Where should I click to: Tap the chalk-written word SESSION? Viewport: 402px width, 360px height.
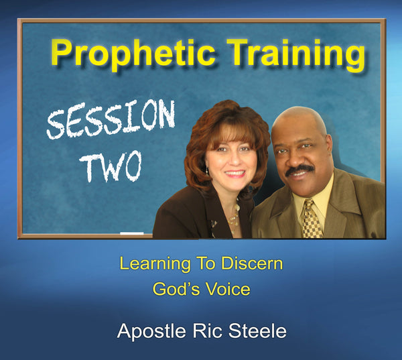111,121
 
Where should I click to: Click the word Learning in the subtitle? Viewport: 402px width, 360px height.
152,264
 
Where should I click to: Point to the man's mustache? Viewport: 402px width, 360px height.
300,171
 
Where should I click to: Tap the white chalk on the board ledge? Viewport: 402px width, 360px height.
131,234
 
